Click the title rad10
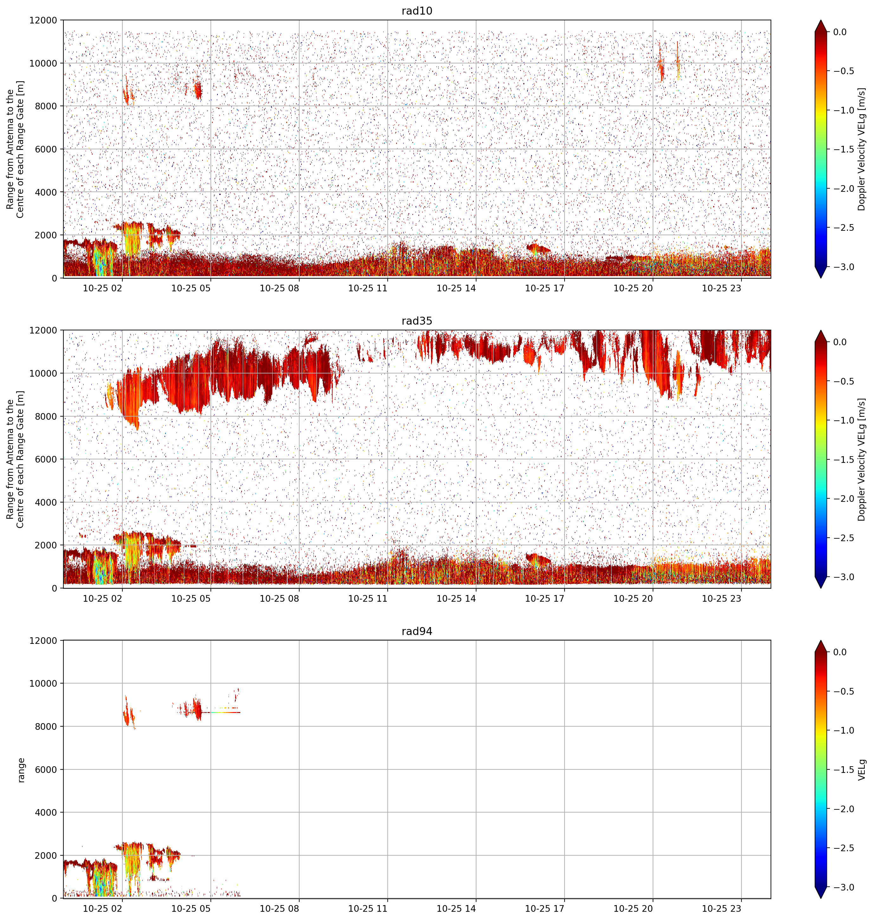pyautogui.click(x=417, y=11)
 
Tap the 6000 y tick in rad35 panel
pyautogui.click(x=46, y=459)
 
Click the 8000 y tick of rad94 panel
pyautogui.click(x=46, y=726)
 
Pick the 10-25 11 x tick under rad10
pyautogui.click(x=368, y=288)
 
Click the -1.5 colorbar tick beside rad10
pyautogui.click(x=843, y=149)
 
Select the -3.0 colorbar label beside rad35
pyautogui.click(x=843, y=577)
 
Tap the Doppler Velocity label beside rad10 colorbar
pyautogui.click(x=862, y=149)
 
